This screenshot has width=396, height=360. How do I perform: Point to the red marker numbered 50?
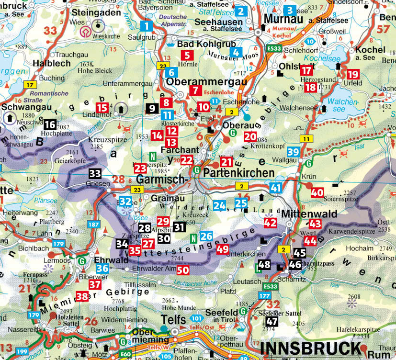(x=182, y=270)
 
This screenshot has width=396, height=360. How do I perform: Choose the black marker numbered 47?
(x=272, y=321)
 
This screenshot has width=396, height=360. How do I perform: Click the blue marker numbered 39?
(x=294, y=152)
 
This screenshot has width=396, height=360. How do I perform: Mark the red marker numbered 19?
(x=353, y=74)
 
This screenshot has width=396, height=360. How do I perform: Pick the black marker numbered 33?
(x=95, y=174)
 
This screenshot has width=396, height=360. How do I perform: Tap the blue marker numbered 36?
(x=102, y=268)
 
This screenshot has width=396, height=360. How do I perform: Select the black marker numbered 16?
(x=50, y=125)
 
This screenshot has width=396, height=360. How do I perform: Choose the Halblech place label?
(x=51, y=63)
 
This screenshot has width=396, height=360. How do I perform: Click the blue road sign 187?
(x=94, y=225)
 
